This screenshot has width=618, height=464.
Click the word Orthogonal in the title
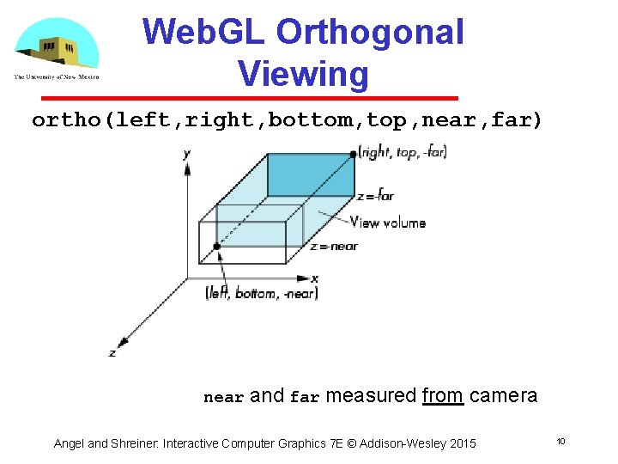pos(370,33)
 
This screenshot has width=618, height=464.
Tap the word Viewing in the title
pos(304,74)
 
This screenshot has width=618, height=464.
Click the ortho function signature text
pos(288,120)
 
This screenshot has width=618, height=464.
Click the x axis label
pos(315,278)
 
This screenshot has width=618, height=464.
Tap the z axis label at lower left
pos(112,353)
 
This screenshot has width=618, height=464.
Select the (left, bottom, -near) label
pos(262,294)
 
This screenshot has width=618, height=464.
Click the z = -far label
pos(376,195)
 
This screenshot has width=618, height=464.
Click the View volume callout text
pos(387,223)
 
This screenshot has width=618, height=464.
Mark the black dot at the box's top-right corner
pos(354,154)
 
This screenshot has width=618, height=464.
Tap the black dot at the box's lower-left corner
pos(217,247)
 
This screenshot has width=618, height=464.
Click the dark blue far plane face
pos(310,175)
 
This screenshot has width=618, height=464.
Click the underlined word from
pos(443,396)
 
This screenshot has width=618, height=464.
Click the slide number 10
pos(560,442)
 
